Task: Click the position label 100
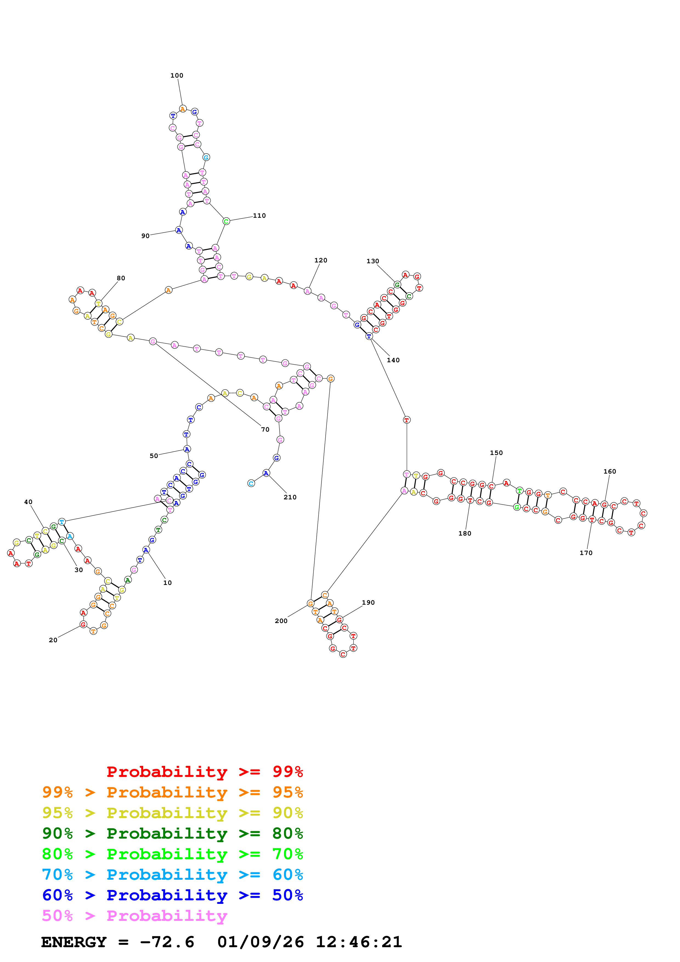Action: [176, 75]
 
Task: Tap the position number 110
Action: [259, 216]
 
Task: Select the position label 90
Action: [145, 236]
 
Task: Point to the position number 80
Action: [121, 278]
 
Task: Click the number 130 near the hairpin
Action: [373, 261]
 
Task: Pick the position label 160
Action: [610, 471]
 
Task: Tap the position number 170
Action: [586, 553]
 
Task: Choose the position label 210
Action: [290, 497]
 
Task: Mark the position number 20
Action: [53, 640]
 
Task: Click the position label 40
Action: [28, 502]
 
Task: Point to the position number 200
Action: [281, 621]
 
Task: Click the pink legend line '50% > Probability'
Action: [134, 916]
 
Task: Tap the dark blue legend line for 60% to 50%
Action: [172, 895]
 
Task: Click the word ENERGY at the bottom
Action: [74, 942]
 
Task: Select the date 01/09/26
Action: [261, 942]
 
